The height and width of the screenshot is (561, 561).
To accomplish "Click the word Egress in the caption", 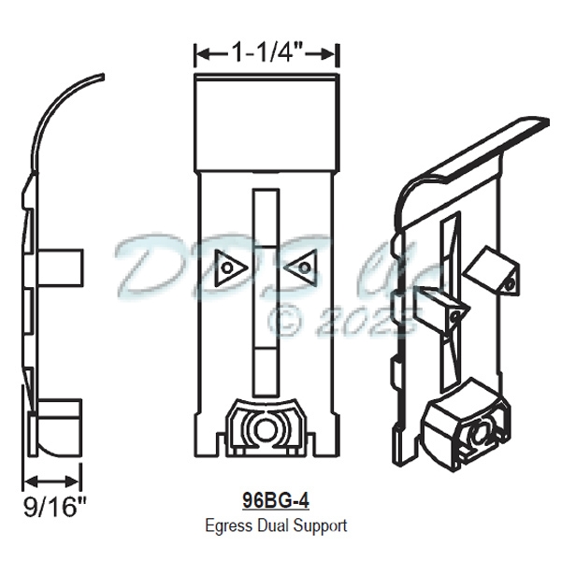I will tap(224, 525).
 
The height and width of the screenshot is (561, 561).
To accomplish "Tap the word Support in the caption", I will tap(319, 525).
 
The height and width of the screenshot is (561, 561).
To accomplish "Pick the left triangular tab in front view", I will tap(227, 268).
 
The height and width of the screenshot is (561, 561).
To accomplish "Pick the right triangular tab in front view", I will tap(300, 268).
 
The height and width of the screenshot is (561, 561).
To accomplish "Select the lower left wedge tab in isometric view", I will tap(438, 309).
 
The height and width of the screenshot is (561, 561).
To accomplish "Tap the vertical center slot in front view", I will tap(265, 290).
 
